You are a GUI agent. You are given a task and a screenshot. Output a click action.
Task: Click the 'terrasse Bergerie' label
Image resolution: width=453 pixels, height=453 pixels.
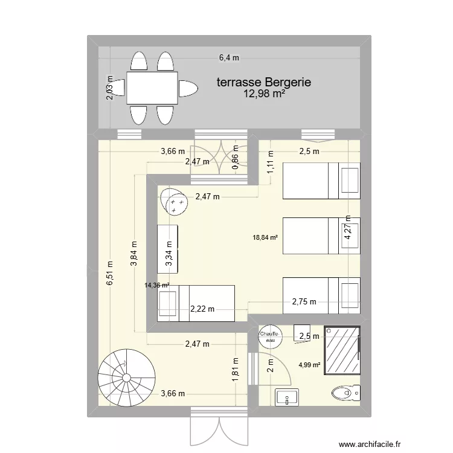coord(264,82)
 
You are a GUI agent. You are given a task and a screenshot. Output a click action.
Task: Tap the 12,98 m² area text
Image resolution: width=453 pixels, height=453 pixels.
coord(264,94)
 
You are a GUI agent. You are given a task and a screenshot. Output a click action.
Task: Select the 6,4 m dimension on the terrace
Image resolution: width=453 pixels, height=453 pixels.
coord(229,58)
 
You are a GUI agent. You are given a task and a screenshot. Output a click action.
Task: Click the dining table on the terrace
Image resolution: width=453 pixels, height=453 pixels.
coord(152,88)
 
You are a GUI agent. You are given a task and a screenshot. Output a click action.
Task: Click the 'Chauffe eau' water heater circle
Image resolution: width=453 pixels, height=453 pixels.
coord(269,337)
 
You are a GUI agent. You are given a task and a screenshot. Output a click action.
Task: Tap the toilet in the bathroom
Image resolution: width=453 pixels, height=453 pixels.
coord(345,394)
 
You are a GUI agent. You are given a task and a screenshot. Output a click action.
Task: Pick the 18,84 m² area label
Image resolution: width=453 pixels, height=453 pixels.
coord(265,238)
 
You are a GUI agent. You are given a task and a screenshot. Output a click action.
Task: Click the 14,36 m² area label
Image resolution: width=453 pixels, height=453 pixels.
coord(157,286)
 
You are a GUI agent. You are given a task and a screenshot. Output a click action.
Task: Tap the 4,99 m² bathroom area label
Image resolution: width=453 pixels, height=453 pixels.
coord(310,364)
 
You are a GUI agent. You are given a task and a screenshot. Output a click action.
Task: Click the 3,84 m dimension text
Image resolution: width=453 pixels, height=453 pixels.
coord(134,254)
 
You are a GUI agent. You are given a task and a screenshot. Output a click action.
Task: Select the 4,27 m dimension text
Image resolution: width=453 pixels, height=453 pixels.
coord(347,228)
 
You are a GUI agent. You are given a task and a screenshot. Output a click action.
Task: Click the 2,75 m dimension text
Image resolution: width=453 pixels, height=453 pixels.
coord(304,302)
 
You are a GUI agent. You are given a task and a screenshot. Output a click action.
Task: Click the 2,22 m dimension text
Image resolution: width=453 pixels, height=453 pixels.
coord(202,309)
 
